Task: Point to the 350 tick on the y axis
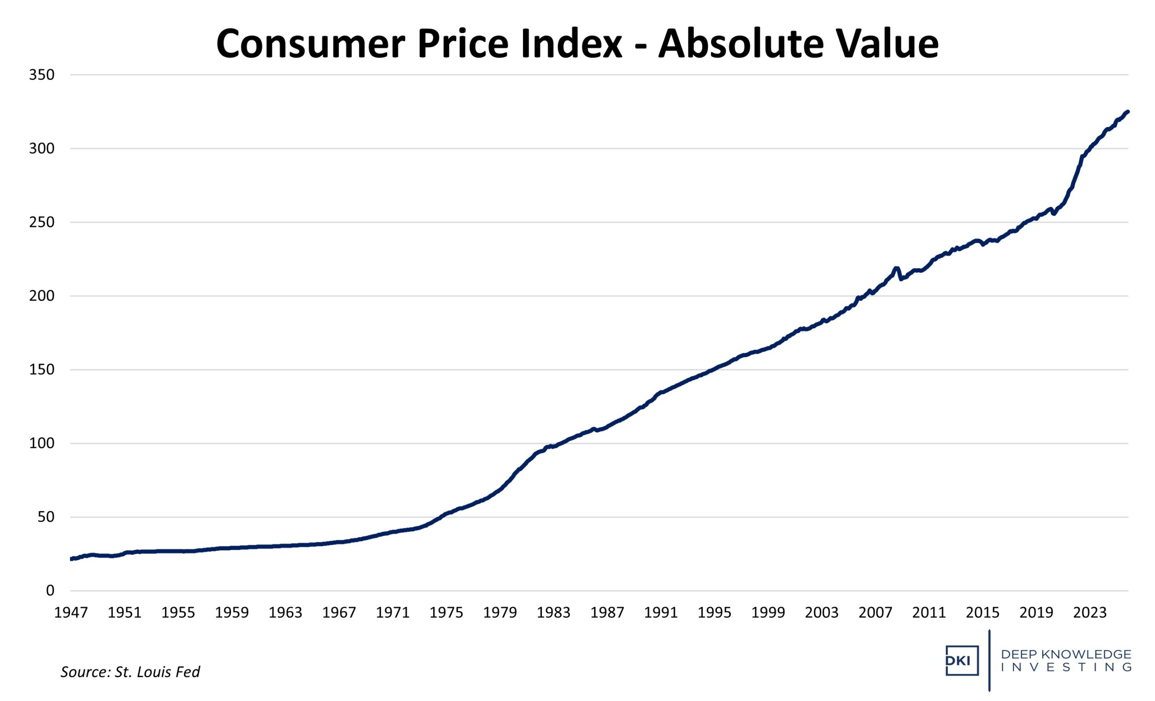coord(42,75)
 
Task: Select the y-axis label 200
coord(42,296)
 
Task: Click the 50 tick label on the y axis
coord(46,517)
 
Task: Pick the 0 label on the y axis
coord(50,591)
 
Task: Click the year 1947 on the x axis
coord(71,613)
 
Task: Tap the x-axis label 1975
coord(446,613)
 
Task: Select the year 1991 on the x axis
coord(661,613)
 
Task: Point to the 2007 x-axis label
coord(875,613)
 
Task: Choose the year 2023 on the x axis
coord(1090,613)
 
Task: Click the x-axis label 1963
coord(286,613)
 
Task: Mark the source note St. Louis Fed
coord(130,672)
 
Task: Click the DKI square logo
coord(961,661)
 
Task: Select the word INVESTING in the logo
coord(1066,667)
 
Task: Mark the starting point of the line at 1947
coord(71,558)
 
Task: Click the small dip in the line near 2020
coord(1053,214)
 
